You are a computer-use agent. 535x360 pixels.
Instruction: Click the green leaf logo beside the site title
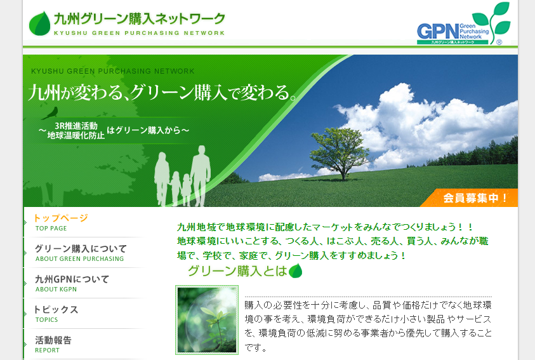(x=39, y=23)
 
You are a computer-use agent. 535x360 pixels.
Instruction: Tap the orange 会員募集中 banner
(x=476, y=197)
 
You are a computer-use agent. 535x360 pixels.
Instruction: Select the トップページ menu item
(x=61, y=218)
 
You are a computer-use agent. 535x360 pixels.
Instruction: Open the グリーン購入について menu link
(x=81, y=248)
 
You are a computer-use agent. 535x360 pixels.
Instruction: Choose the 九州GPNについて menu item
(x=72, y=279)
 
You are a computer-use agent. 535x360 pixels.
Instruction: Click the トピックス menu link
(x=56, y=309)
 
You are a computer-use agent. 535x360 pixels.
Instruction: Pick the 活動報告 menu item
(x=53, y=340)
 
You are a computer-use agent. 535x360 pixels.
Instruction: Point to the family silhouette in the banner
(x=184, y=177)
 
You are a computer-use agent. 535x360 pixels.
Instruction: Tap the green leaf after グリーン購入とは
(x=295, y=271)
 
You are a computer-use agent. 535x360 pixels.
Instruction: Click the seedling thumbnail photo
(x=207, y=320)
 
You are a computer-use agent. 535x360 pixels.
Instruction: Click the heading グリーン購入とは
(x=237, y=271)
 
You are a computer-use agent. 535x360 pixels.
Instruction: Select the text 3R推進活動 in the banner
(x=76, y=126)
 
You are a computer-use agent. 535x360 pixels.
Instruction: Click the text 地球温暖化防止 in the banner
(x=76, y=135)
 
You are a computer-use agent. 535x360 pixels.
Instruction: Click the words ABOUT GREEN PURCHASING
(x=80, y=259)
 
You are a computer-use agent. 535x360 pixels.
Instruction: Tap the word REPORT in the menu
(x=48, y=350)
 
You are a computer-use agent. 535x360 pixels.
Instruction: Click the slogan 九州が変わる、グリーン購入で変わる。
(x=162, y=93)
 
